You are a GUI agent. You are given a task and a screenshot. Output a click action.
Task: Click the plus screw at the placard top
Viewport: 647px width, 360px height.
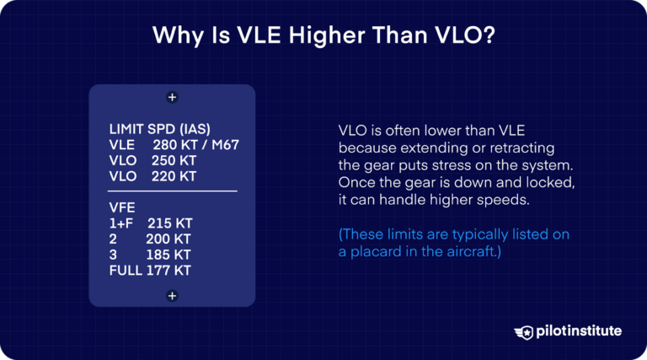coord(172,98)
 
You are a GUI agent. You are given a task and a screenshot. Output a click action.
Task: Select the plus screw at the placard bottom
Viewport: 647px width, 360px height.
coord(172,295)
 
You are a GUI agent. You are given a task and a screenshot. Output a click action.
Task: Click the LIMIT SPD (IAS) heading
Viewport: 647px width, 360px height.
coord(160,130)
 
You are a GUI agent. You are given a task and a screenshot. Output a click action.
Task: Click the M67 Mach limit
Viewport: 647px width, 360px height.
coord(224,145)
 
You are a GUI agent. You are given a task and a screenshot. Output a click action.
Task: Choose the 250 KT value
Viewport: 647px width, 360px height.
coord(173,160)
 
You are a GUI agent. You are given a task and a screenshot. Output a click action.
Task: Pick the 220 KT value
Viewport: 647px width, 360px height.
coord(173,176)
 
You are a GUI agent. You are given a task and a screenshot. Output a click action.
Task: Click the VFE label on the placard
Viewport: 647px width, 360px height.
coord(123,207)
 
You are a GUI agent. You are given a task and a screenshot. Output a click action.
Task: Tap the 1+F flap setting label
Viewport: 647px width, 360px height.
coord(123,223)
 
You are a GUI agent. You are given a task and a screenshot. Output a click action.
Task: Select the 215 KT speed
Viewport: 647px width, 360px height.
coord(169,223)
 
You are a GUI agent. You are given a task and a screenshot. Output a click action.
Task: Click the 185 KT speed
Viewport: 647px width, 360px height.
coord(169,255)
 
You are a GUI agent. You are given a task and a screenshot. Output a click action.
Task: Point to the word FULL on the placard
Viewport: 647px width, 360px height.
coord(126,271)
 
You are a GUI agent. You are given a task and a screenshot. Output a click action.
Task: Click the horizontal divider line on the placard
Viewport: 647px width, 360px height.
coord(173,191)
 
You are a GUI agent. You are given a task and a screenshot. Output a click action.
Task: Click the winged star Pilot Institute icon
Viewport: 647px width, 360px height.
coord(523,331)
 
